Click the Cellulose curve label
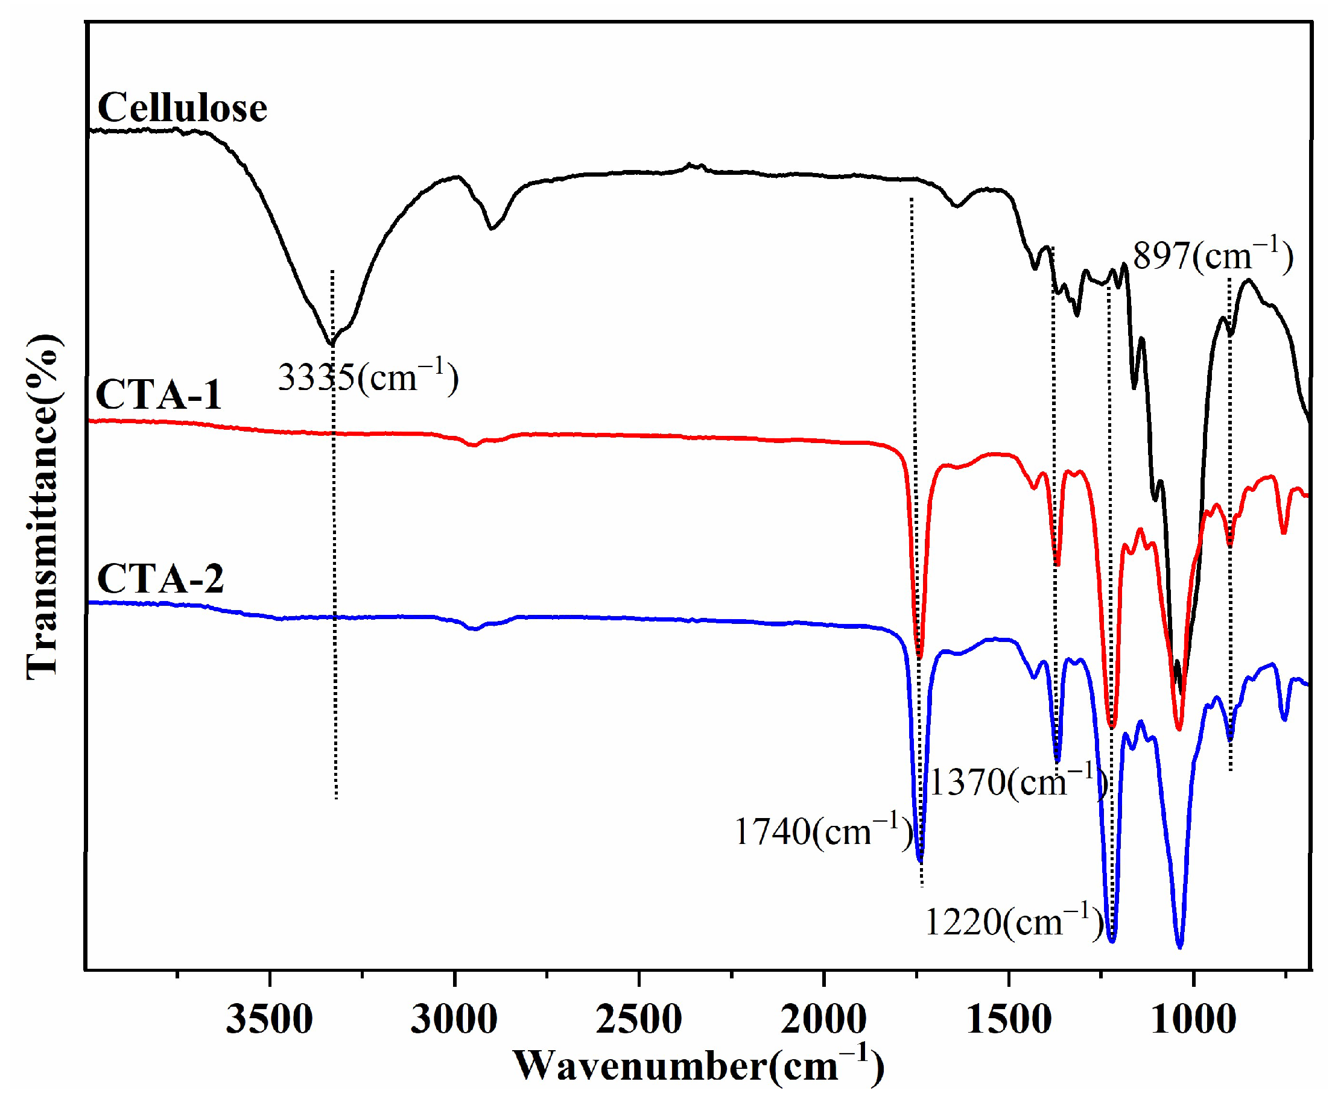click(182, 108)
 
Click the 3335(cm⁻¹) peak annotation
click(367, 378)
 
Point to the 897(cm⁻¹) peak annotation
click(1212, 256)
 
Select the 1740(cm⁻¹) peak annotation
click(823, 832)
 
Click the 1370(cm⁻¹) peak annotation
click(1017, 782)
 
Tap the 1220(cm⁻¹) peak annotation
click(1013, 922)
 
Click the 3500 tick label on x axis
click(270, 1020)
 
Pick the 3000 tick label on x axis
click(454, 1020)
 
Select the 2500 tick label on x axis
click(639, 1020)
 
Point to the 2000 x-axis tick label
click(823, 1020)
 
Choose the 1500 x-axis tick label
click(1009, 1020)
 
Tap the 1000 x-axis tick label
click(1194, 1020)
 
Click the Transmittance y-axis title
click(43, 507)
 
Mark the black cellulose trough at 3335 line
click(331, 344)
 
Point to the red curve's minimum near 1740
click(920, 656)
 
